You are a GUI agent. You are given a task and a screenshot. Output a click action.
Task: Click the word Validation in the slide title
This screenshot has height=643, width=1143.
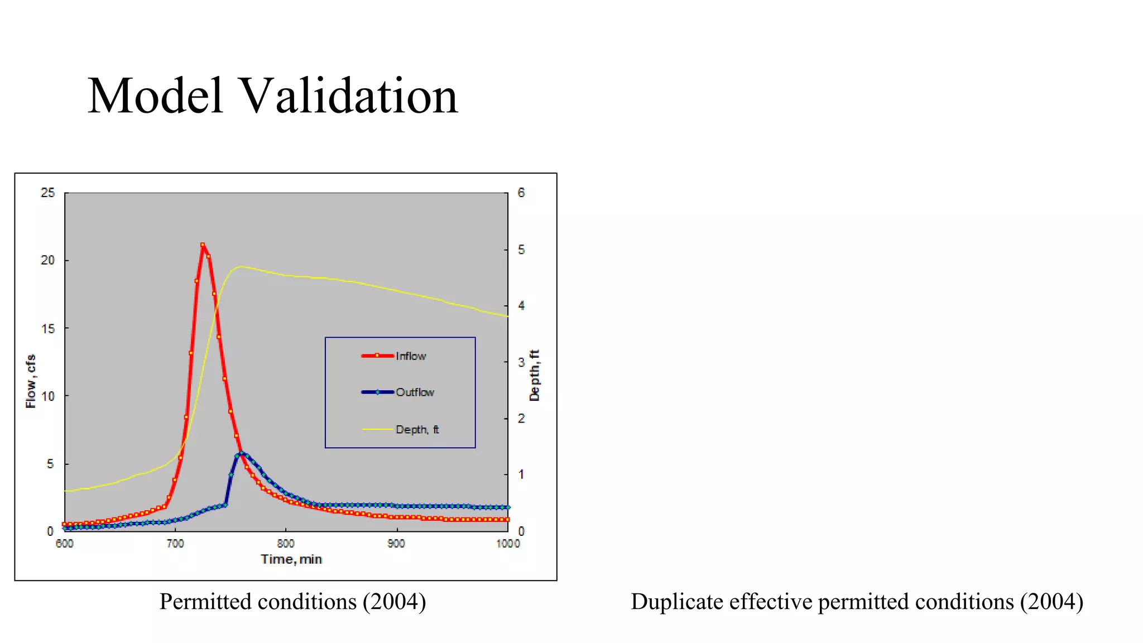point(349,96)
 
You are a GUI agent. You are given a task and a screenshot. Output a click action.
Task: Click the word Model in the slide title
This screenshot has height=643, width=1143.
point(156,96)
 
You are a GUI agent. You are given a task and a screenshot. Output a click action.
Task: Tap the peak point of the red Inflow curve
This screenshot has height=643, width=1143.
point(203,244)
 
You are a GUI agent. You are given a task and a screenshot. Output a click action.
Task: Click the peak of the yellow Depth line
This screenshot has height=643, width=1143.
point(240,267)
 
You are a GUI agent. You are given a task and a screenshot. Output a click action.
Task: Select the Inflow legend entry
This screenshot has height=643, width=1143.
point(411,356)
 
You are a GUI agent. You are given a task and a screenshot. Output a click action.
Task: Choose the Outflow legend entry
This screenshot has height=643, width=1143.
point(415,392)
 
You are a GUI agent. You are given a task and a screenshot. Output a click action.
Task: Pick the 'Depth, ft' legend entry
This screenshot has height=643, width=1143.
point(417,429)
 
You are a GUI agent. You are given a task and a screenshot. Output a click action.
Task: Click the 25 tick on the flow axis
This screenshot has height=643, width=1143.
point(48,193)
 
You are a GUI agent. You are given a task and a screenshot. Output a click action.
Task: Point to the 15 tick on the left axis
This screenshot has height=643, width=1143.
point(48,329)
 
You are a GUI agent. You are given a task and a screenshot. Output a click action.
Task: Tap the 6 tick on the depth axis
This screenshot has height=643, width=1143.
point(521,193)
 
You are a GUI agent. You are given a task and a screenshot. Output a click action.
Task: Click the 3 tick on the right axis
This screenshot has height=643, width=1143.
point(521,362)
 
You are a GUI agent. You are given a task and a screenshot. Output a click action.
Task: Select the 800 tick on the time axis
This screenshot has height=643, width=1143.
point(286,544)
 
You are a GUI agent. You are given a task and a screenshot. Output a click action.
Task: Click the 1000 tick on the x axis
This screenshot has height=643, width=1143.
point(508,544)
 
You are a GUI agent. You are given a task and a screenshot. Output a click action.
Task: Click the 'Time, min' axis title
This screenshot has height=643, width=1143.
point(291,559)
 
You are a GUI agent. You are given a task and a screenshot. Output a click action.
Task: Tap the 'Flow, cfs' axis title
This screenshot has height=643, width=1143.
point(31,381)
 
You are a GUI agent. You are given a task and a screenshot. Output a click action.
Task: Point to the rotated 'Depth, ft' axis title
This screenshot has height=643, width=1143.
point(535,375)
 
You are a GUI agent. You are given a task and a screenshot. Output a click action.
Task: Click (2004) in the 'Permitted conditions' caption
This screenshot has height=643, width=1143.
point(394,602)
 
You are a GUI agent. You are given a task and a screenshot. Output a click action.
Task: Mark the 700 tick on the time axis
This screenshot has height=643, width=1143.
point(175,544)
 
